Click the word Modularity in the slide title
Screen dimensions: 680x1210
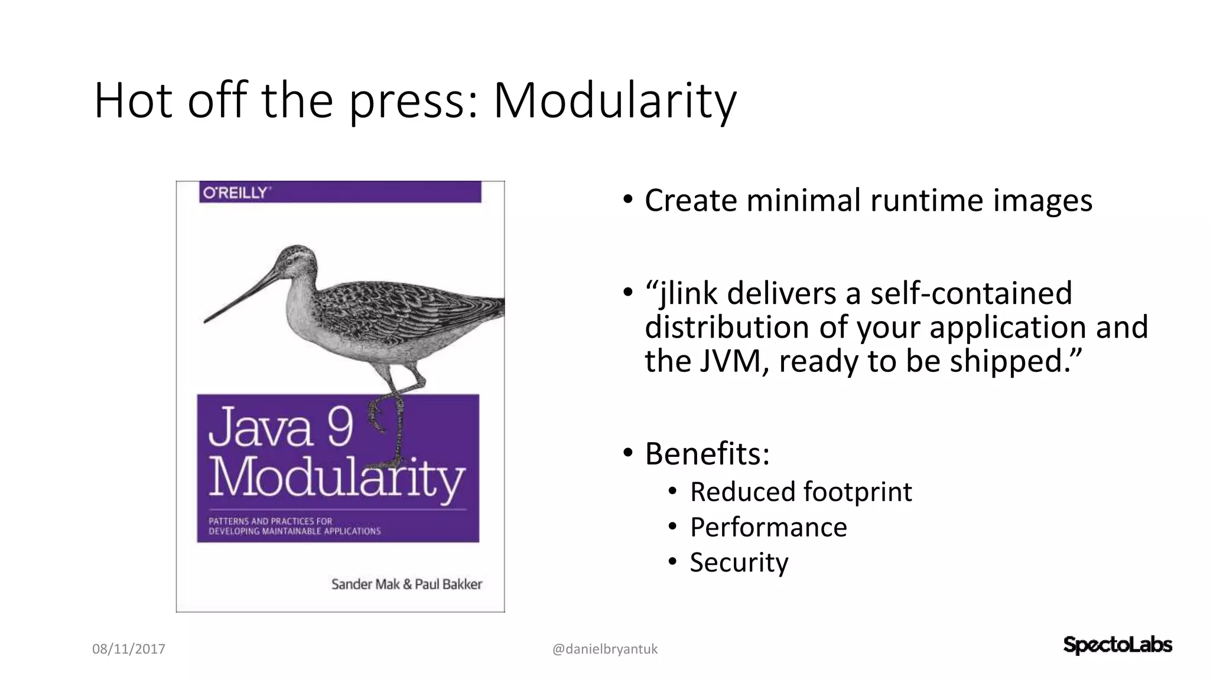point(614,102)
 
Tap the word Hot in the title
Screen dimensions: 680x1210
point(133,102)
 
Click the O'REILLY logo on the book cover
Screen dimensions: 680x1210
point(235,192)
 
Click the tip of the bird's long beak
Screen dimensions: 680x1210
point(206,321)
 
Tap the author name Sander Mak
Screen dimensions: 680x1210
point(365,584)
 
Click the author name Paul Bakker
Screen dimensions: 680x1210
point(448,584)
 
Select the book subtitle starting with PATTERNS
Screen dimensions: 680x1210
point(294,526)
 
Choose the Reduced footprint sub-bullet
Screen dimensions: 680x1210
point(801,492)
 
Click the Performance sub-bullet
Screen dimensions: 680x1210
point(768,527)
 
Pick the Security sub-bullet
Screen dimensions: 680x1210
point(739,562)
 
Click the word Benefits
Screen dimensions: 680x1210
point(707,453)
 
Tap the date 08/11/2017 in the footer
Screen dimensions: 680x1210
point(129,649)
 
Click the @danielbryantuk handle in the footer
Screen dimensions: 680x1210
point(605,649)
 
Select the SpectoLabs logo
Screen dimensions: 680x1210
point(1117,645)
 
